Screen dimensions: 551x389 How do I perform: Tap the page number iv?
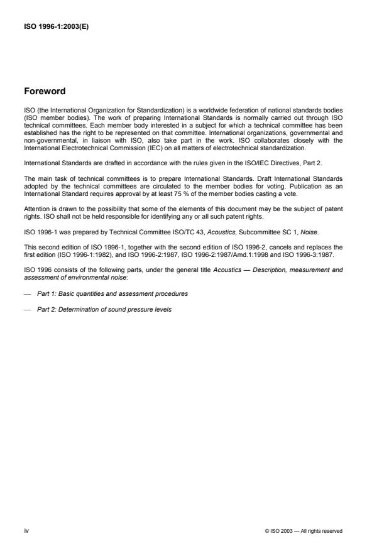(x=26, y=531)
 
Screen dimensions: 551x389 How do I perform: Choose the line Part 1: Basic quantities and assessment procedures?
(x=112, y=294)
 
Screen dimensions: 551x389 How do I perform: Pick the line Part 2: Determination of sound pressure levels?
(x=104, y=308)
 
